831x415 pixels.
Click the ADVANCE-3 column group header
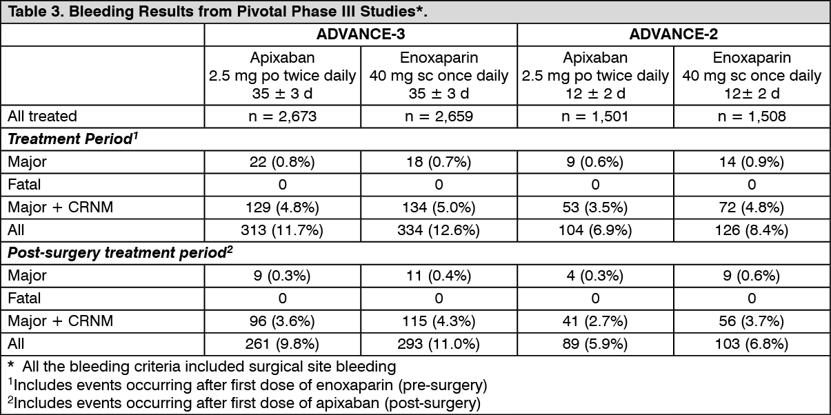tap(361, 34)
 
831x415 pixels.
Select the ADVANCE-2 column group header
tap(673, 34)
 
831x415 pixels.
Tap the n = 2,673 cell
tap(282, 117)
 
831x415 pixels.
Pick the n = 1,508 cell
tap(752, 117)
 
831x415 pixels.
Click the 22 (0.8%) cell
tap(282, 162)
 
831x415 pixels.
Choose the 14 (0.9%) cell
tap(752, 162)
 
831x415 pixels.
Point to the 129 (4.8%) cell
tap(282, 207)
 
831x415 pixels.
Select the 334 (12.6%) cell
tap(439, 230)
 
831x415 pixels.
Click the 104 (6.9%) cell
tap(595, 230)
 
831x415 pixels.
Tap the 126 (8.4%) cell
tap(752, 230)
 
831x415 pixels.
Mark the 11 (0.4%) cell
tap(439, 276)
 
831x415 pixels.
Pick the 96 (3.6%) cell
tap(282, 321)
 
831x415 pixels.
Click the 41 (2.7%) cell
tap(595, 321)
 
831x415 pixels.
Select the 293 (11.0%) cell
tap(439, 344)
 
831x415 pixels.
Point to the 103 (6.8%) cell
tap(752, 344)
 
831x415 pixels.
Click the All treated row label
tap(42, 117)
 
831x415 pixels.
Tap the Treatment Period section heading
tap(72, 139)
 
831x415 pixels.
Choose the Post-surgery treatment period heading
tap(120, 252)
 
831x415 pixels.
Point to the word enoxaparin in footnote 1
tap(354, 385)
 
